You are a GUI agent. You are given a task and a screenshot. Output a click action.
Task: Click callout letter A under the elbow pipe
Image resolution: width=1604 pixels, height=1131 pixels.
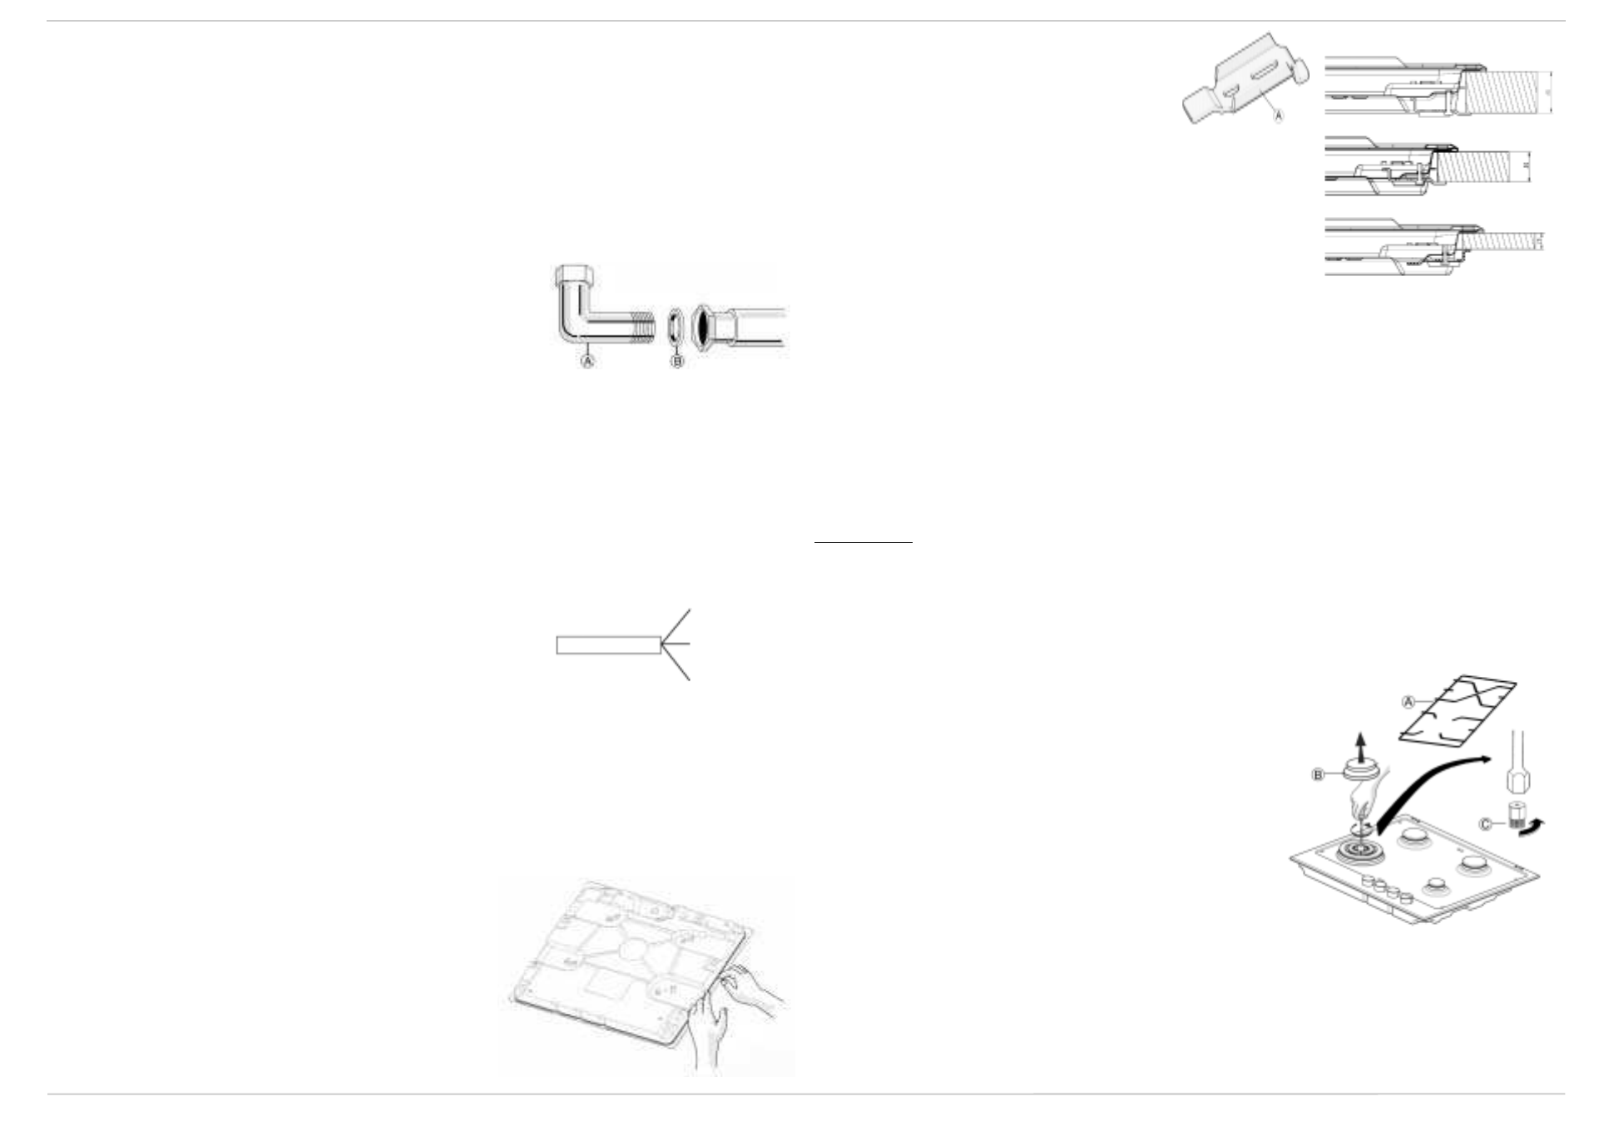pos(587,362)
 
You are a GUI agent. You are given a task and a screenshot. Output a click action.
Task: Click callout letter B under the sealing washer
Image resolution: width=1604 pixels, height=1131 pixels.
pos(677,362)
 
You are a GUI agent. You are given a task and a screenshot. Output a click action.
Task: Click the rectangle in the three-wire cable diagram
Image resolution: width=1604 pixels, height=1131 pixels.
pos(608,645)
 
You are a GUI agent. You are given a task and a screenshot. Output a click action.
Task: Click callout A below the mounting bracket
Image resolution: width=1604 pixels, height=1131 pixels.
pos(1279,116)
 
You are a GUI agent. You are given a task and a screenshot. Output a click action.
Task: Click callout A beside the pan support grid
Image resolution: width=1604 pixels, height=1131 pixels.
pos(1408,703)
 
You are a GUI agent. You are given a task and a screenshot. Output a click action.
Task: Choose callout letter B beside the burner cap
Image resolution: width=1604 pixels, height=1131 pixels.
pos(1318,775)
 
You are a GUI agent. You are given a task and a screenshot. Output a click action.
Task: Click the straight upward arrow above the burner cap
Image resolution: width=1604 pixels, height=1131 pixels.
pos(1361,743)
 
